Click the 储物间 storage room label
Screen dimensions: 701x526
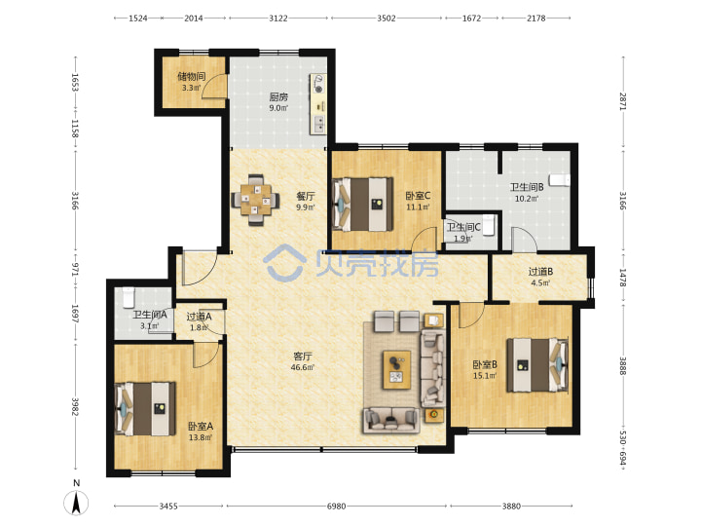(192, 76)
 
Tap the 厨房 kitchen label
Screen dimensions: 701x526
(278, 96)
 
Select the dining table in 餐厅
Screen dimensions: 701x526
(256, 200)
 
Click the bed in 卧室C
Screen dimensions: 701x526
(362, 205)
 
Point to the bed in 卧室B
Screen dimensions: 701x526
(537, 365)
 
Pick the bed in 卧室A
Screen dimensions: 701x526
(145, 408)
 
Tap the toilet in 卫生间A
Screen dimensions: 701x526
(129, 297)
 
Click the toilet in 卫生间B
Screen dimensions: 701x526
(560, 180)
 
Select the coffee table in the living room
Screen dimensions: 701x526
(397, 370)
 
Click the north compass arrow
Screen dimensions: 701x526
(77, 503)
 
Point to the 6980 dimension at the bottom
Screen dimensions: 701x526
(336, 507)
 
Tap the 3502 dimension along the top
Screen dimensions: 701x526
(387, 18)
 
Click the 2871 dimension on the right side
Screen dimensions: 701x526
(623, 101)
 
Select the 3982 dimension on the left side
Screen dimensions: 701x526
(75, 406)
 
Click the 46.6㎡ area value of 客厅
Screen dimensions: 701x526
(303, 367)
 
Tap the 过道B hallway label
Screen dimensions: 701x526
(540, 271)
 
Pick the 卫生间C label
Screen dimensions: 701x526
(463, 227)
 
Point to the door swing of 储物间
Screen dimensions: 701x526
(213, 86)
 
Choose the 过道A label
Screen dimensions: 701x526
(199, 317)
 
